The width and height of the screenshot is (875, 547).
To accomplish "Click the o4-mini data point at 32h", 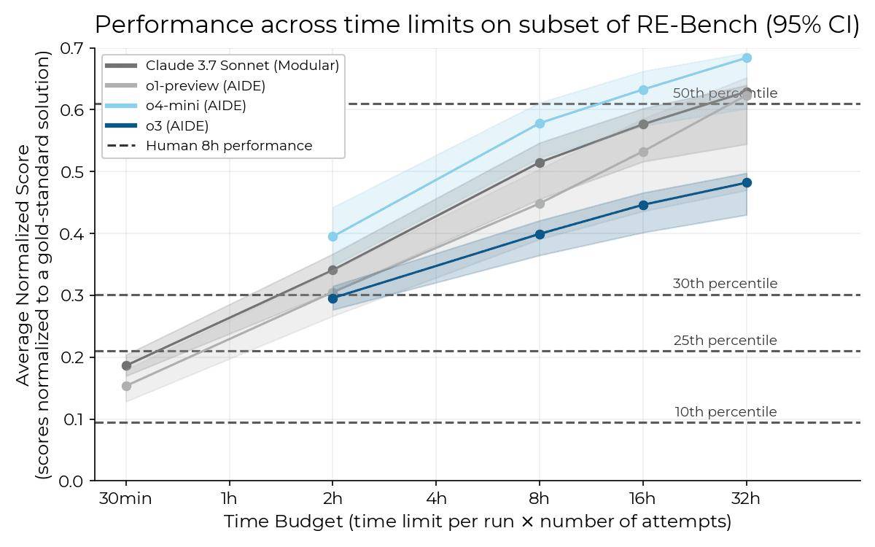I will click(746, 58).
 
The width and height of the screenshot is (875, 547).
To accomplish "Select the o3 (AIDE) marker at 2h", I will click(333, 298).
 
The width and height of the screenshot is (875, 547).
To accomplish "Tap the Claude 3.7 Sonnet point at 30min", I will click(126, 365).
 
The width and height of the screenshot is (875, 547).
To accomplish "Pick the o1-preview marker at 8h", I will click(540, 203).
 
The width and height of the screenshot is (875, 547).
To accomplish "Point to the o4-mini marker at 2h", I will click(333, 236).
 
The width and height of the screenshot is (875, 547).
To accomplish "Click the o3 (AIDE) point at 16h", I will click(643, 205).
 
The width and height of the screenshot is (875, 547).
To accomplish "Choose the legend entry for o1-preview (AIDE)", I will click(205, 86).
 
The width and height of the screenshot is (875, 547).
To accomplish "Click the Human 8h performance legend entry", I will click(229, 146).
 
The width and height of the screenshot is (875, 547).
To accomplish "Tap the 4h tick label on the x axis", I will click(436, 499).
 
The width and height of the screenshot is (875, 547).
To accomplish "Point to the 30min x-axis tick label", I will click(125, 499).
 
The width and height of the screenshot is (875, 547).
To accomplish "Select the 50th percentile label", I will click(725, 93).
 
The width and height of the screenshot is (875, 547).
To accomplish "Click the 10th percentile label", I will click(726, 412).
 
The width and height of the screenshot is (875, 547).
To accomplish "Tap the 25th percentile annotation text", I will click(725, 341).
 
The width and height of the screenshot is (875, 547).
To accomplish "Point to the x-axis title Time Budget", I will click(477, 521).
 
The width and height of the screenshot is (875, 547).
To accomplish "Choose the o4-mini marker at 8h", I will click(540, 123).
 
